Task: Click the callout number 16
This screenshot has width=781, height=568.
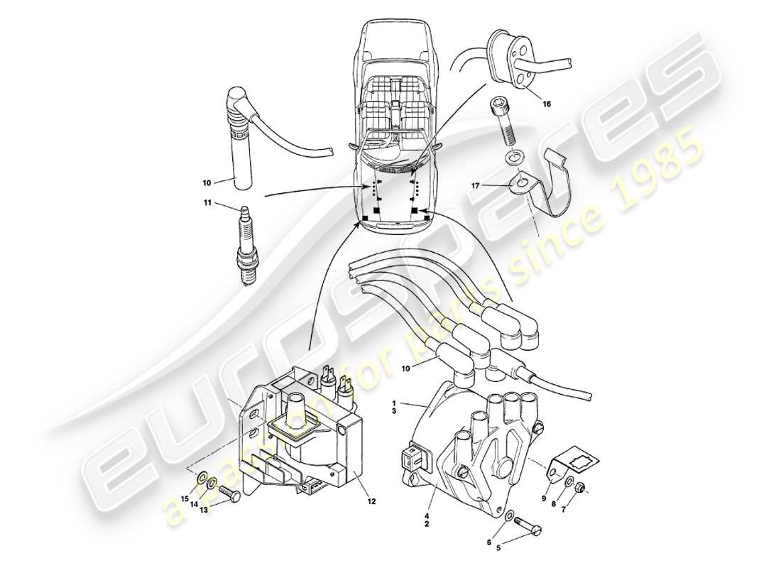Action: tap(547, 104)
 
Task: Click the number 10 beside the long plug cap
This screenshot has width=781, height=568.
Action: tap(207, 182)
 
